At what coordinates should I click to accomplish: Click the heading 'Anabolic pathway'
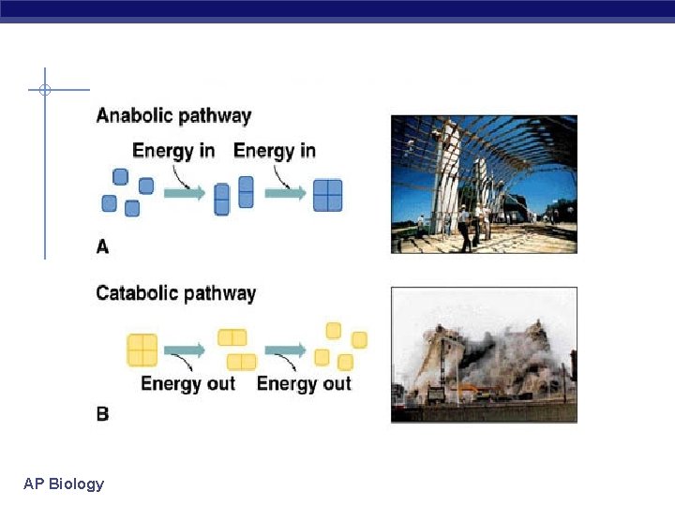pyautogui.click(x=173, y=116)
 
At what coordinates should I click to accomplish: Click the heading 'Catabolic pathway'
pyautogui.click(x=175, y=293)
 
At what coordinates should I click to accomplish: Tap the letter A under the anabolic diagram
pyautogui.click(x=102, y=246)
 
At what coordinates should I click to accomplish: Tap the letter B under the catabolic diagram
pyautogui.click(x=102, y=413)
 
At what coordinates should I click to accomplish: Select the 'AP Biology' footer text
pyautogui.click(x=64, y=484)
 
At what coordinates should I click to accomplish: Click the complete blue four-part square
pyautogui.click(x=327, y=195)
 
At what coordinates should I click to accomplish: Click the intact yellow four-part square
pyautogui.click(x=142, y=350)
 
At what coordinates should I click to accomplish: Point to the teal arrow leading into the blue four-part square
pyautogui.click(x=285, y=193)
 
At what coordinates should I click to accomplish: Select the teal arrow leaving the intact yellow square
pyautogui.click(x=185, y=350)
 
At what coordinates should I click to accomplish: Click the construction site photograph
pyautogui.click(x=484, y=184)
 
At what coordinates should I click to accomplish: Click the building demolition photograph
pyautogui.click(x=484, y=354)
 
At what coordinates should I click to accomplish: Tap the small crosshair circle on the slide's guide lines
pyautogui.click(x=44, y=90)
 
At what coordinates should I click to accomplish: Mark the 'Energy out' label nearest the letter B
pyautogui.click(x=187, y=383)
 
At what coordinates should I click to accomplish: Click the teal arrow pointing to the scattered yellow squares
pyautogui.click(x=285, y=350)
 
